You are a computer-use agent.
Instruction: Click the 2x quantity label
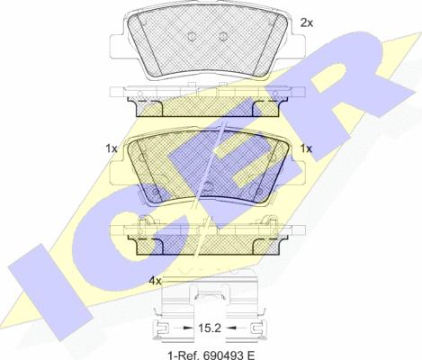pyautogui.click(x=307, y=22)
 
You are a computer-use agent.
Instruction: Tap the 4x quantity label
pyautogui.click(x=156, y=281)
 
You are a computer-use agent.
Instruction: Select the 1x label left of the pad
pyautogui.click(x=112, y=148)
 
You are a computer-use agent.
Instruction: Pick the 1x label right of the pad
pyautogui.click(x=306, y=148)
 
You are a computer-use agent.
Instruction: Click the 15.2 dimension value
pyautogui.click(x=210, y=328)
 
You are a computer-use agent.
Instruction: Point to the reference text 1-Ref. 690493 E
pyautogui.click(x=211, y=355)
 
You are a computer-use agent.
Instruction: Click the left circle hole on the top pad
pyautogui.click(x=192, y=37)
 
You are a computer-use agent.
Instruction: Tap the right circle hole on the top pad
pyautogui.click(x=223, y=37)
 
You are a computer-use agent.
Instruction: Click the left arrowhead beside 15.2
pyautogui.click(x=187, y=328)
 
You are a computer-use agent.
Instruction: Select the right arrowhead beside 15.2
pyautogui.click(x=231, y=328)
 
